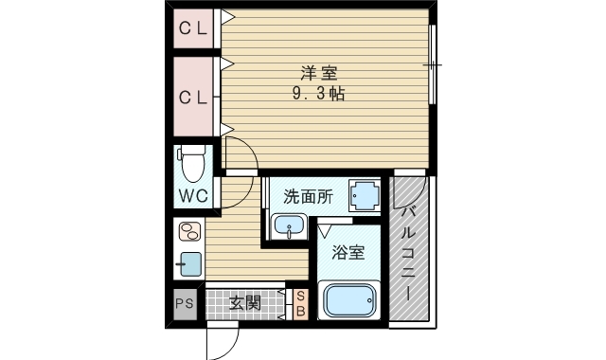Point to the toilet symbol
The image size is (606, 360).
(193, 164)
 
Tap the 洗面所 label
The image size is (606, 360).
(308, 197)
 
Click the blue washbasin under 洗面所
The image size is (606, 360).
(288, 226)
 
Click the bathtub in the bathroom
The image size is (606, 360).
(350, 302)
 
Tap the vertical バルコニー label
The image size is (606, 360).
(409, 251)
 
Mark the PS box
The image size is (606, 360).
(185, 304)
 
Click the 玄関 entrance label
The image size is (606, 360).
(244, 304)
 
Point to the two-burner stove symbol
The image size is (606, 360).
(189, 233)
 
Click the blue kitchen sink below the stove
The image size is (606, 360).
(189, 263)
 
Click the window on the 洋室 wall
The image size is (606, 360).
(432, 64)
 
